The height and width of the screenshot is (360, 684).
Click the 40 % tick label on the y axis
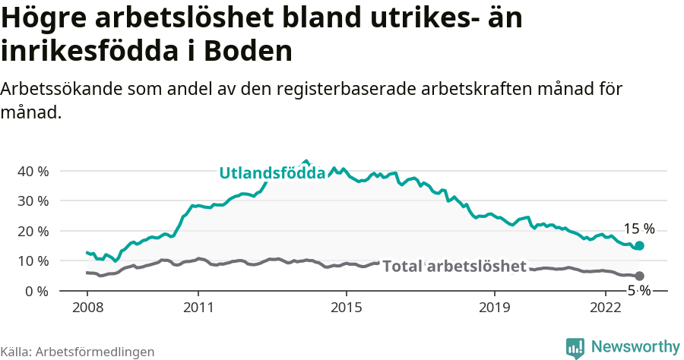[32, 171]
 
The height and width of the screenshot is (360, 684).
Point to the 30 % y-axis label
[32, 201]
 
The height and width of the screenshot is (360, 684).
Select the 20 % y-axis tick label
[32, 231]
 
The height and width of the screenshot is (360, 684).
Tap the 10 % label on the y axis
[32, 261]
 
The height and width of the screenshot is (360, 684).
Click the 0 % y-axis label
[35, 291]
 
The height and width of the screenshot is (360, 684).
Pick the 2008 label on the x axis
[87, 308]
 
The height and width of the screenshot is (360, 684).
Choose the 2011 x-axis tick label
[198, 308]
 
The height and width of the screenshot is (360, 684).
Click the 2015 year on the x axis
[347, 308]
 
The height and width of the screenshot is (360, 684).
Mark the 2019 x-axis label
[495, 308]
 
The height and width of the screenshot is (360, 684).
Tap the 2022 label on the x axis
[606, 308]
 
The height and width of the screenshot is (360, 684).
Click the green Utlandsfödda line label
[272, 173]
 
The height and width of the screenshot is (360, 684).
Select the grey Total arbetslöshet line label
[454, 266]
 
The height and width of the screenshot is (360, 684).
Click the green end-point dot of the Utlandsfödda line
[639, 245]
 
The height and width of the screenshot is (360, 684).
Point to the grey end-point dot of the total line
[639, 276]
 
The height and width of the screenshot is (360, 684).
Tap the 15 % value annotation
[638, 229]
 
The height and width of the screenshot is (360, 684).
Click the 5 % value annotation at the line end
[638, 291]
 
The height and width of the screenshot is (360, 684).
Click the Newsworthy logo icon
[575, 347]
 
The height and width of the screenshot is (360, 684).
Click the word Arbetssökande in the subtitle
[62, 89]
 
